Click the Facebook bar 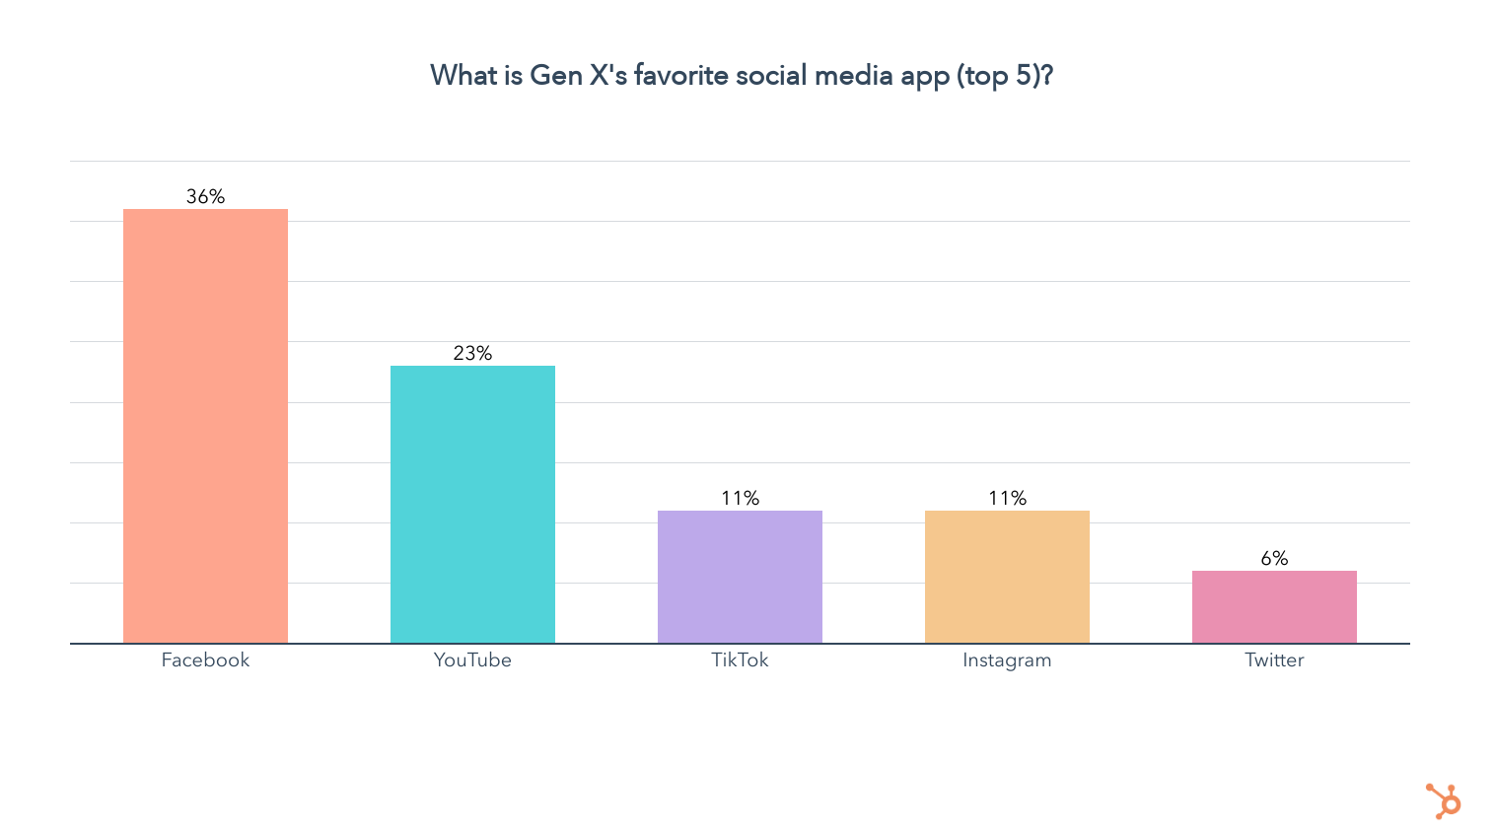tap(205, 426)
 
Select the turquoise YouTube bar tap(472, 504)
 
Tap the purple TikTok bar tap(740, 577)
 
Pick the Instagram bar tap(1007, 577)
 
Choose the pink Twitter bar tap(1274, 606)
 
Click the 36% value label tap(205, 196)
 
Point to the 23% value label tap(472, 353)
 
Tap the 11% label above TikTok tap(740, 498)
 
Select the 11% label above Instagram tap(1007, 498)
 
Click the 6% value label tap(1274, 558)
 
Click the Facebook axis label tap(205, 659)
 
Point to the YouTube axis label tap(472, 659)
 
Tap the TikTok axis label tap(740, 659)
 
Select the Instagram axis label tap(1007, 659)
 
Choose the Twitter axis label tap(1274, 659)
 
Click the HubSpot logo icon tap(1444, 800)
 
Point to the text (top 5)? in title tap(1004, 76)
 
